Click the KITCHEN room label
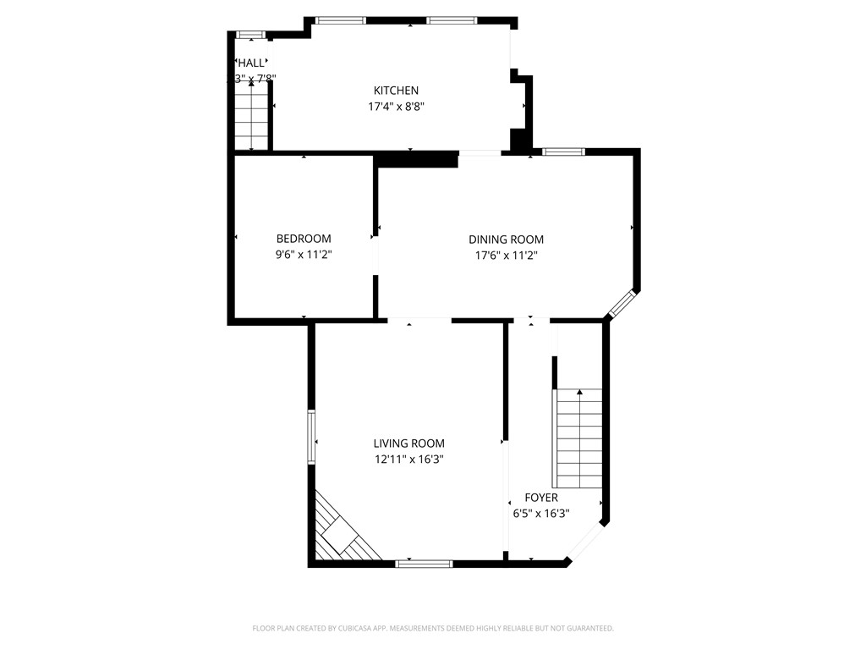[396, 91]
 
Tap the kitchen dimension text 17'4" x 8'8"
[396, 107]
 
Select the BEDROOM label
[304, 239]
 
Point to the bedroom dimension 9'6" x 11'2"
[304, 255]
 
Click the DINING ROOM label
[506, 240]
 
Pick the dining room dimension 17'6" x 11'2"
[506, 255]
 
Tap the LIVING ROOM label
[409, 443]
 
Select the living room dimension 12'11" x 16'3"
[409, 460]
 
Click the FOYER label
[541, 498]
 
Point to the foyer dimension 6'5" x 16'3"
[541, 513]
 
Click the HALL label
[251, 63]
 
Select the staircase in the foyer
[578, 438]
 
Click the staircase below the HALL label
[251, 118]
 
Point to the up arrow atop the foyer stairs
[579, 393]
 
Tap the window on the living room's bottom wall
[425, 563]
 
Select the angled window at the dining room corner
[622, 305]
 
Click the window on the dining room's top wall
[563, 152]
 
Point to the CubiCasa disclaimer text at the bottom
[433, 628]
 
